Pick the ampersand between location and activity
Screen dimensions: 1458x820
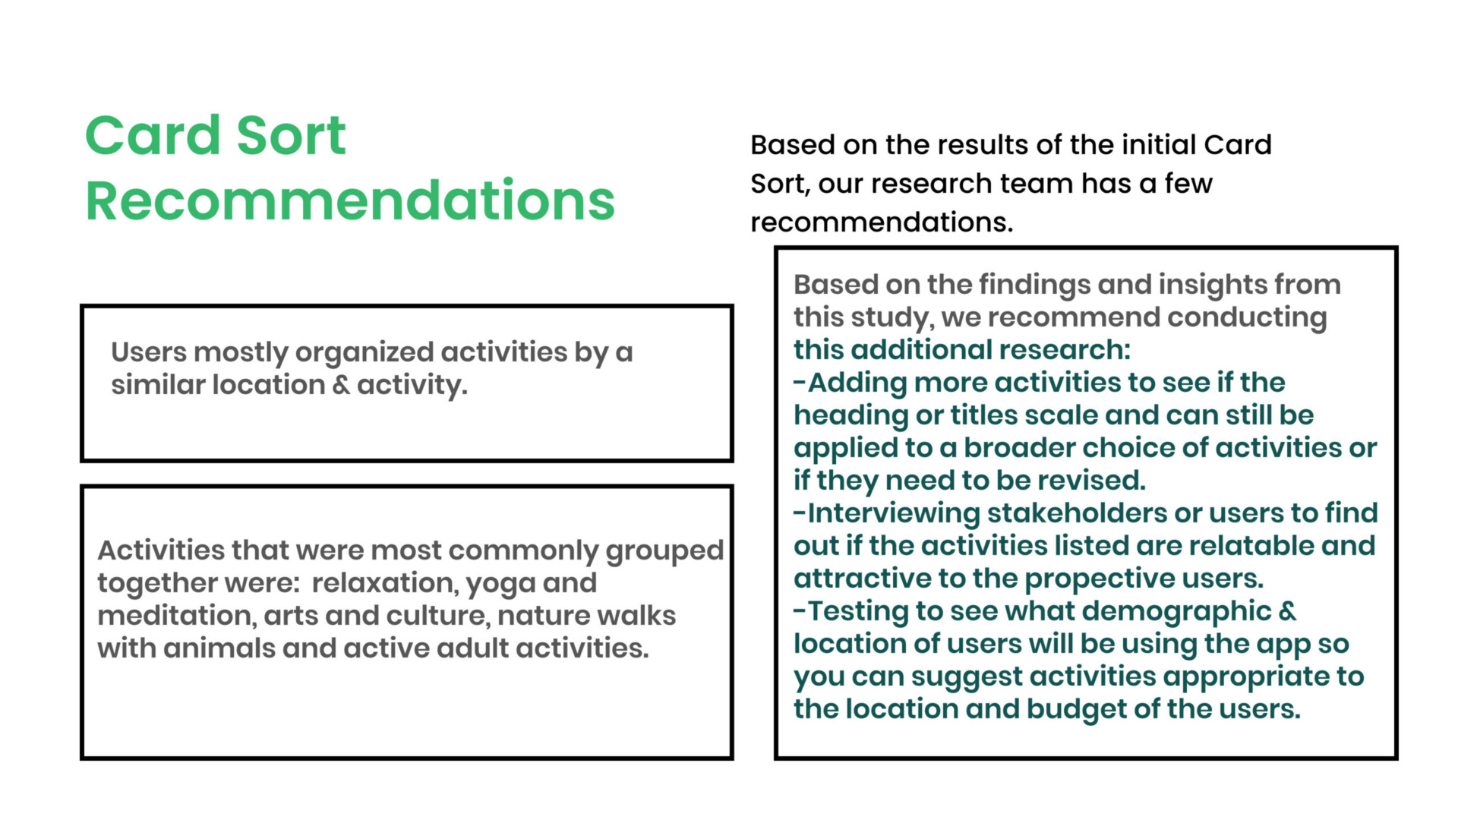point(341,386)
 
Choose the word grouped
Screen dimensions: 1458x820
point(664,551)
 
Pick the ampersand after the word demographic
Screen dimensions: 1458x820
point(1288,611)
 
